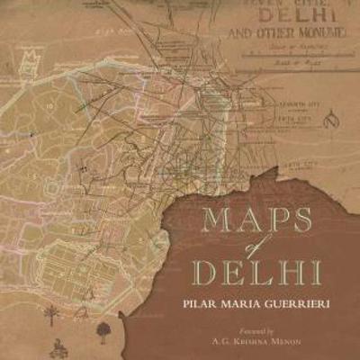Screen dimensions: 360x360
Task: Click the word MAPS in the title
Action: [256, 220]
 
